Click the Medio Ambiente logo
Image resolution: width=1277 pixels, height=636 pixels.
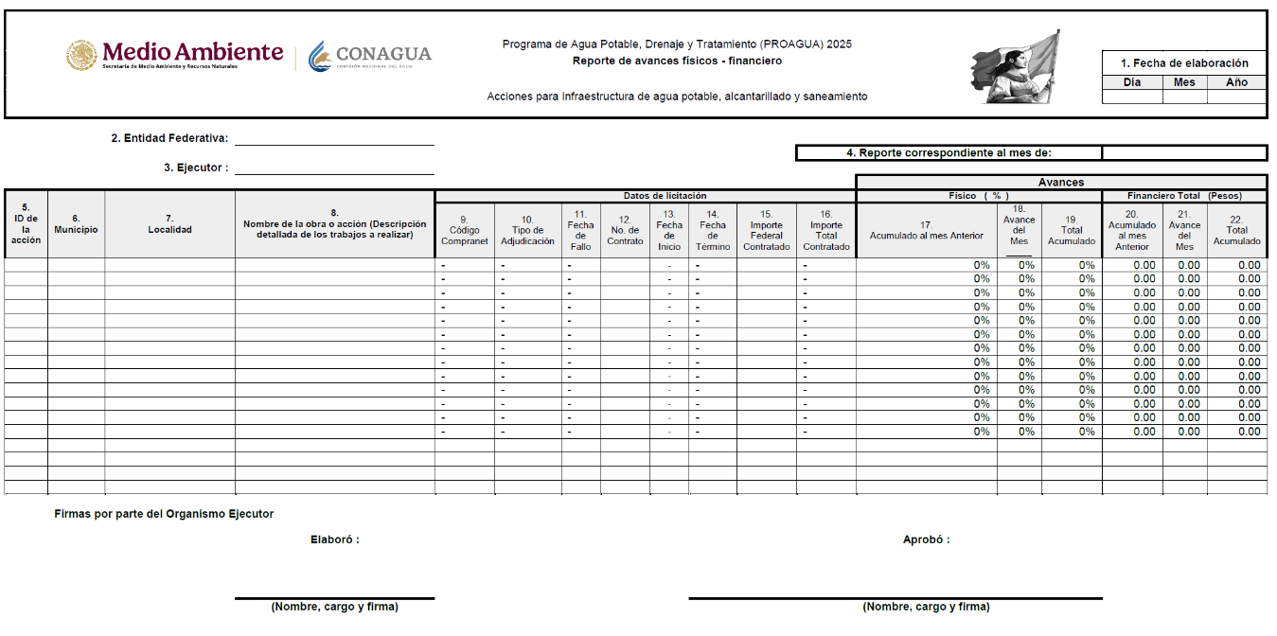click(x=175, y=55)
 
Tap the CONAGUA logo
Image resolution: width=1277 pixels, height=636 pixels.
click(x=370, y=55)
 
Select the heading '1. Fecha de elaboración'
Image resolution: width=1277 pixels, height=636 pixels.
click(x=1184, y=63)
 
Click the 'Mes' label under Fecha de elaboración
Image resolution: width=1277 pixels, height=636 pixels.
click(x=1184, y=82)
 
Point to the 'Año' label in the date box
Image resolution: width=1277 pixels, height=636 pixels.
click(x=1236, y=82)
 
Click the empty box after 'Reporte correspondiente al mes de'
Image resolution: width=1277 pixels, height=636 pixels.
click(x=1184, y=153)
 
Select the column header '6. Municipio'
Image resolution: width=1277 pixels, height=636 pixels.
click(x=76, y=224)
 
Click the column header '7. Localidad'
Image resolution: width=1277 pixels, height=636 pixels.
click(x=169, y=224)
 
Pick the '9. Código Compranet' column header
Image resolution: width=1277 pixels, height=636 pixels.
click(x=464, y=230)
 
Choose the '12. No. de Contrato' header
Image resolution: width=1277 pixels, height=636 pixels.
click(x=625, y=230)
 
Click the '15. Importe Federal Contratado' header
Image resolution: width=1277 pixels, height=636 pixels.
click(x=766, y=230)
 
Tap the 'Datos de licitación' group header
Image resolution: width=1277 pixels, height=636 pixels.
click(x=665, y=196)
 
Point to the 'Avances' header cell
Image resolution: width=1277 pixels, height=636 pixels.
click(x=1061, y=183)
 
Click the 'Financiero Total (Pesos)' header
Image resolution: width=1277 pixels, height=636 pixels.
click(x=1183, y=196)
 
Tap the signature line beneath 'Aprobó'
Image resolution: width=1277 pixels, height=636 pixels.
click(x=895, y=598)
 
